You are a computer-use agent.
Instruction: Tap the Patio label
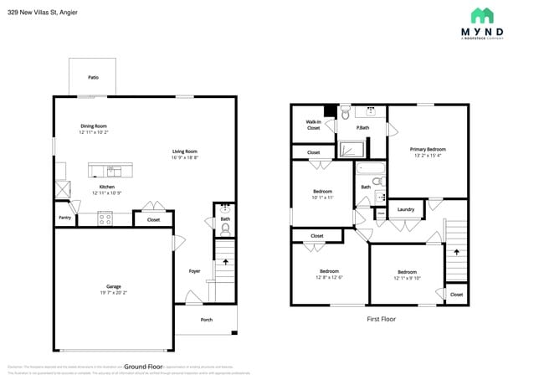click(x=93, y=77)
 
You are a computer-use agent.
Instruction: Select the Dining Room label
click(x=93, y=126)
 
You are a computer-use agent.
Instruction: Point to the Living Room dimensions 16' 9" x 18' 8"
click(x=184, y=157)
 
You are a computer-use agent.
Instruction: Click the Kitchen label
click(x=107, y=187)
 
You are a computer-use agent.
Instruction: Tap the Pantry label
click(x=64, y=218)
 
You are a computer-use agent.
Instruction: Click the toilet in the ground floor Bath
click(x=225, y=227)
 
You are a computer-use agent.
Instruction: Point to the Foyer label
click(x=194, y=270)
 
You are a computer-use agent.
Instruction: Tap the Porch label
click(x=206, y=320)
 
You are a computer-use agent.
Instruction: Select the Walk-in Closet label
click(x=313, y=125)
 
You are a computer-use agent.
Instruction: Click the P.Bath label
click(x=363, y=127)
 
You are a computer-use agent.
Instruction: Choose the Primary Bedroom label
click(x=428, y=149)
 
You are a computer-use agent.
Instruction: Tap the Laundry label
click(x=406, y=209)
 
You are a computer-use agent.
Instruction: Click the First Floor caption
click(x=381, y=319)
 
